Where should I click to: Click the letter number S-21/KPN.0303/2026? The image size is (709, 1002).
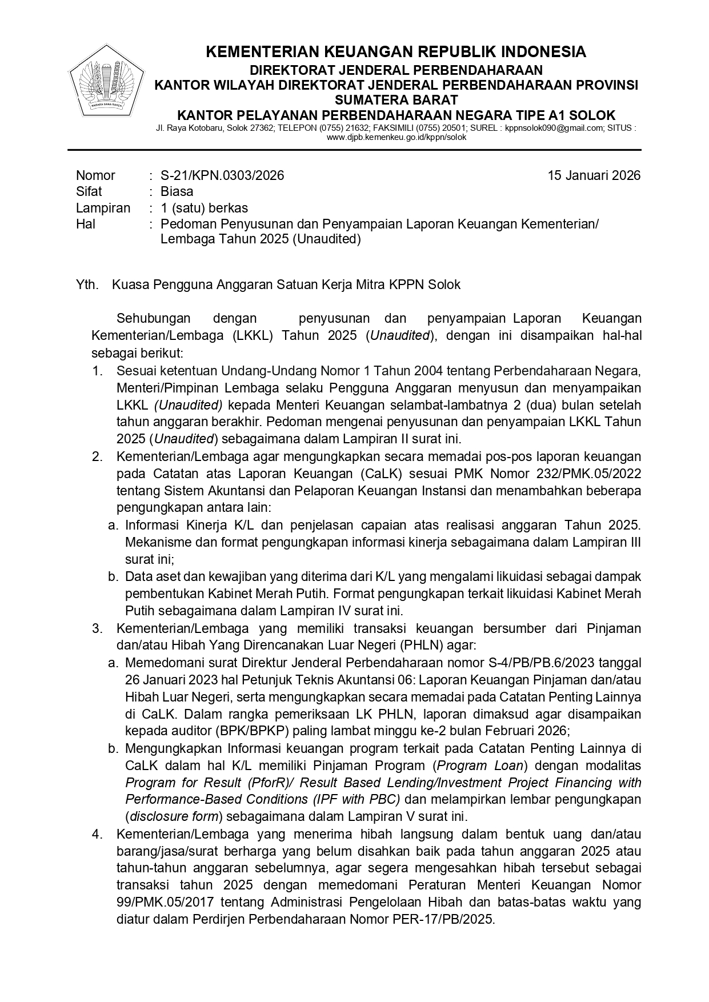(222, 175)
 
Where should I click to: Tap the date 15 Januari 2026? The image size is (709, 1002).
(594, 175)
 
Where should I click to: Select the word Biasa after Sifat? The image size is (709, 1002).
(177, 191)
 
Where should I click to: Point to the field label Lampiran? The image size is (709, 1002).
(103, 208)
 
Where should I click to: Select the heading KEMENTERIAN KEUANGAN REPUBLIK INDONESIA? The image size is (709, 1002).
(395, 52)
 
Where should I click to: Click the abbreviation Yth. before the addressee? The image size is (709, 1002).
(87, 284)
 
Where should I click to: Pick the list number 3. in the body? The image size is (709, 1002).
(97, 629)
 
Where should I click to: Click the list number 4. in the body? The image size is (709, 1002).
(97, 835)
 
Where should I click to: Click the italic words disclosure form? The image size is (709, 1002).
(175, 816)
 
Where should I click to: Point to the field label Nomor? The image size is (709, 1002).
(95, 175)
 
